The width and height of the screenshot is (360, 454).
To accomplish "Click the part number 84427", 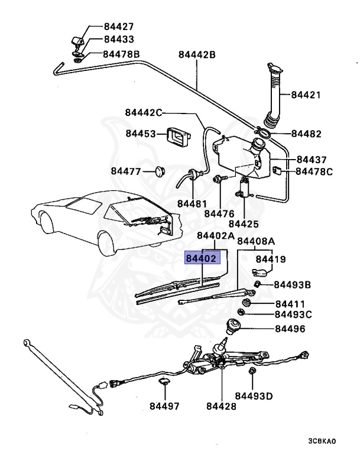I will pyautogui.click(x=118, y=27).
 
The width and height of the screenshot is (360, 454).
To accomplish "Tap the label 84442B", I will pyautogui.click(x=197, y=55).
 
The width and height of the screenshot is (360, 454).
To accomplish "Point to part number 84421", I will pyautogui.click(x=306, y=95).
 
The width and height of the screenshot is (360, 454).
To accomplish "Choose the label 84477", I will pyautogui.click(x=125, y=172).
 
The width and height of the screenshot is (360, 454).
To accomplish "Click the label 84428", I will pyautogui.click(x=221, y=406).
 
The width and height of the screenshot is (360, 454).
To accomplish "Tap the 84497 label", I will pyautogui.click(x=163, y=406).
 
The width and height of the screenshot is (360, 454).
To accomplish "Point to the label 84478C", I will pyautogui.click(x=314, y=172).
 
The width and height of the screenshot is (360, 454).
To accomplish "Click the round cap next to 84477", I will pyautogui.click(x=158, y=171).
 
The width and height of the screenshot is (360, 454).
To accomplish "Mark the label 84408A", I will pyautogui.click(x=256, y=241).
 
